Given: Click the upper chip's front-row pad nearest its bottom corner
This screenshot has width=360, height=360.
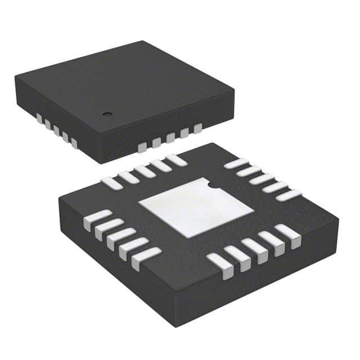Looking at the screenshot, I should [142, 147].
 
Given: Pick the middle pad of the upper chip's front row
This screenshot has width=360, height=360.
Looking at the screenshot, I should [170, 138].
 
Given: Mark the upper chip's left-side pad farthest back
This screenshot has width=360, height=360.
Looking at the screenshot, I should [39, 118].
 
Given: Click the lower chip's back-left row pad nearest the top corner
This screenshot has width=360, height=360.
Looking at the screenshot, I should [176, 160].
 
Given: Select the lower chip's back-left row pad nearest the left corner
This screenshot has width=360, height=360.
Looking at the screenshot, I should [111, 183].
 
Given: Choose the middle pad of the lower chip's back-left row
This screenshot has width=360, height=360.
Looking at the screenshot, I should [145, 171].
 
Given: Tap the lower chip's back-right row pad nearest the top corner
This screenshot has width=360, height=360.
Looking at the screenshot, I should [236, 164].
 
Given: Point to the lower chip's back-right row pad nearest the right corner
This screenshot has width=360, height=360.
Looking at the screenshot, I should [289, 195].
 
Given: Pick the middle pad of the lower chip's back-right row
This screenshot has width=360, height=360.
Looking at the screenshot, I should [262, 179].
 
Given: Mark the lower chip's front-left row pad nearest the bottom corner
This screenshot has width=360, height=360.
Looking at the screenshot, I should [146, 258].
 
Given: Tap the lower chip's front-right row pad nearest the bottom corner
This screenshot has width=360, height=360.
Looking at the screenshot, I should [219, 265].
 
